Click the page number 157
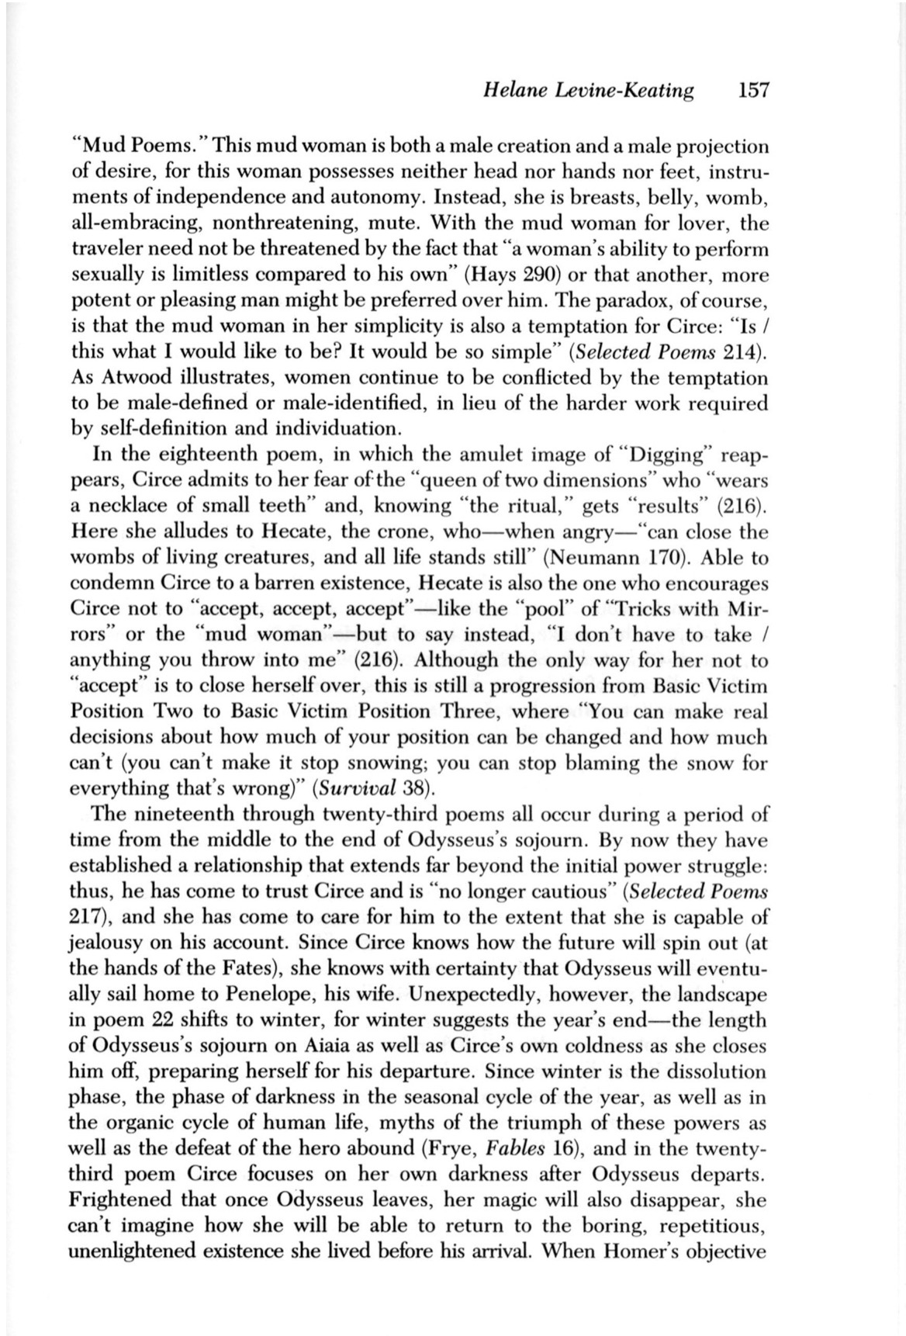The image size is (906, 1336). point(752,91)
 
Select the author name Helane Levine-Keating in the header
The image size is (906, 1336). point(588,91)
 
